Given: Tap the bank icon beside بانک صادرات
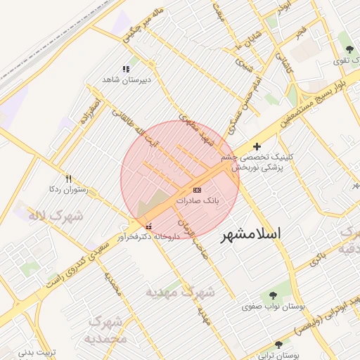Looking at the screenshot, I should click(197, 190).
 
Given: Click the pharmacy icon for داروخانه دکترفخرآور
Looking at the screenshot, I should click(148, 226).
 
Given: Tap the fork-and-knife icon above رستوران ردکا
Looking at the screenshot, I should click(68, 179).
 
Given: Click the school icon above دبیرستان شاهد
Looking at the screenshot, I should click(126, 69).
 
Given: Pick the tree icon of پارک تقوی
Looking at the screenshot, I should click(349, 49).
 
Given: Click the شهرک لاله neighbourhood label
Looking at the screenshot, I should click(56, 215).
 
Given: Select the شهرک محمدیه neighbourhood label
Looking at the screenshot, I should click(105, 330).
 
